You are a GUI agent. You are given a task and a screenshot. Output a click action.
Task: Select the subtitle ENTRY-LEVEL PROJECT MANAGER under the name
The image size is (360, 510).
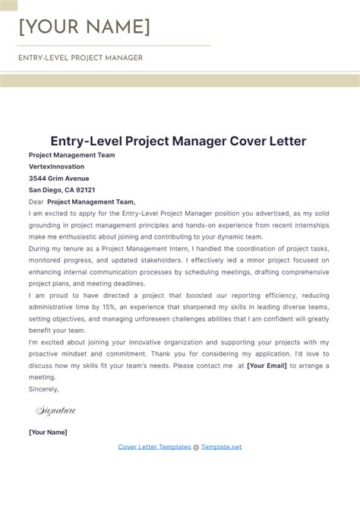(x=81, y=58)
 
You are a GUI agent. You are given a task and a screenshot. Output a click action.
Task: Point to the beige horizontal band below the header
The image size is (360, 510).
(x=180, y=81)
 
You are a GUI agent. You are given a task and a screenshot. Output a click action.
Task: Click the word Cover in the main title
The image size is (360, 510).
(x=226, y=141)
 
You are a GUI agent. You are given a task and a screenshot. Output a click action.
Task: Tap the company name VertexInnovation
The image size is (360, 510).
(x=57, y=166)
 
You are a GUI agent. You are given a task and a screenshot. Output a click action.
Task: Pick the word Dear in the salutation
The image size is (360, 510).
(x=36, y=202)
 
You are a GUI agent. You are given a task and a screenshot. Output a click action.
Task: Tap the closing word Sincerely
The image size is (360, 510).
(x=43, y=388)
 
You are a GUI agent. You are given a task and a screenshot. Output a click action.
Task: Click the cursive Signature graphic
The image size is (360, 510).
(x=56, y=411)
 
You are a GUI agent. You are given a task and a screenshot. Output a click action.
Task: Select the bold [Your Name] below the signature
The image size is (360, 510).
(x=48, y=432)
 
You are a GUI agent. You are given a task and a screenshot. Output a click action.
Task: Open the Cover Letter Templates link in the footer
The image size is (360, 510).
(x=154, y=447)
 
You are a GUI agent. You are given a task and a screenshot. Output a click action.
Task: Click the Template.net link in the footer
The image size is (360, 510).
(x=221, y=447)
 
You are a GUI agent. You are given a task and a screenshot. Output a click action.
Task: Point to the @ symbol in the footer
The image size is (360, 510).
(x=196, y=447)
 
